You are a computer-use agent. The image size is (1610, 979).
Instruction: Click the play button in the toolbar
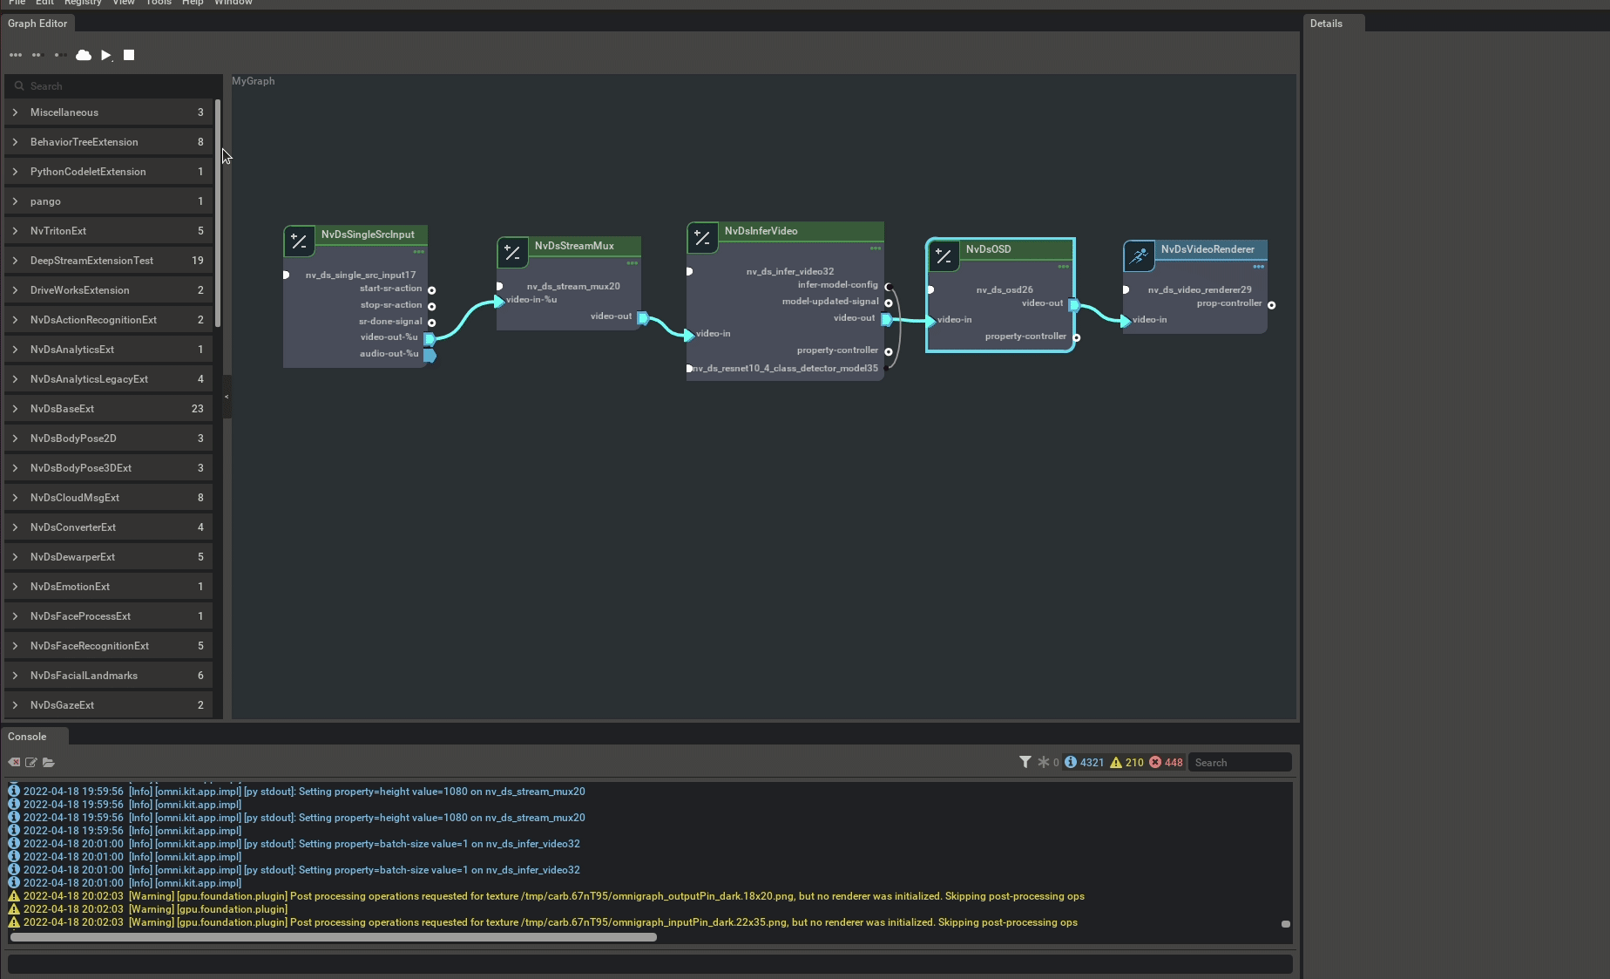click(105, 55)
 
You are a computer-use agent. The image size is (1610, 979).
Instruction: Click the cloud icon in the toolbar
click(84, 55)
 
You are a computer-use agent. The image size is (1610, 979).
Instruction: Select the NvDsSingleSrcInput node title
click(368, 235)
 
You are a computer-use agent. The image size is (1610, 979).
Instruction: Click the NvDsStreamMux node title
click(574, 246)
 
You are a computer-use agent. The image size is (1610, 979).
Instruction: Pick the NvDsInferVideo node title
click(761, 231)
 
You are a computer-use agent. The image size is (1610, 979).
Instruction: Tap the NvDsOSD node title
click(988, 249)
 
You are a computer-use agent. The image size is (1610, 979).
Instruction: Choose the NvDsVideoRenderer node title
click(1207, 249)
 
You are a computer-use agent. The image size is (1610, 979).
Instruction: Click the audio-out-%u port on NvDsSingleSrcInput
click(430, 355)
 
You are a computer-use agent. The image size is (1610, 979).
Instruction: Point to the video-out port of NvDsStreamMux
click(643, 317)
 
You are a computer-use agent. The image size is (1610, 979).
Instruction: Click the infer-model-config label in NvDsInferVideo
click(837, 285)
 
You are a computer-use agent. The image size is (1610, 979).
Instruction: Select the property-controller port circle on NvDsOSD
click(1077, 337)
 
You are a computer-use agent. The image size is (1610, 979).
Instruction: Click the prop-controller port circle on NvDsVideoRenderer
click(1272, 305)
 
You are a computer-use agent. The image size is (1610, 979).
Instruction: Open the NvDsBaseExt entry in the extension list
click(62, 409)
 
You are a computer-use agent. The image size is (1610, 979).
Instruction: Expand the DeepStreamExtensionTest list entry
click(91, 261)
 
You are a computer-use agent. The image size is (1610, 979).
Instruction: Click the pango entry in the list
click(45, 201)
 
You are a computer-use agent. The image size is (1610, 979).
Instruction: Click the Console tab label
click(27, 737)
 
